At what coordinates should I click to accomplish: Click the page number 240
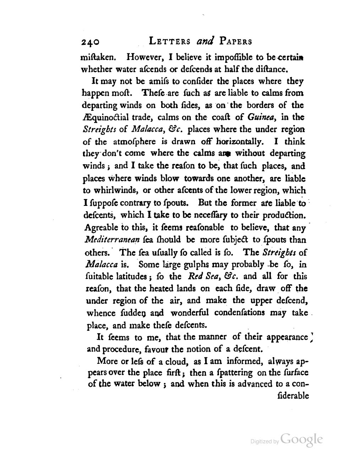point(90,42)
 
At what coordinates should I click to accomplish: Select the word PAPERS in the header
point(236,41)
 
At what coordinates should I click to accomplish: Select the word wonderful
point(190,313)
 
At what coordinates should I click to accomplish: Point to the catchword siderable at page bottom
point(293,396)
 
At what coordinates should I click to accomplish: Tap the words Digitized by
point(264,441)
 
